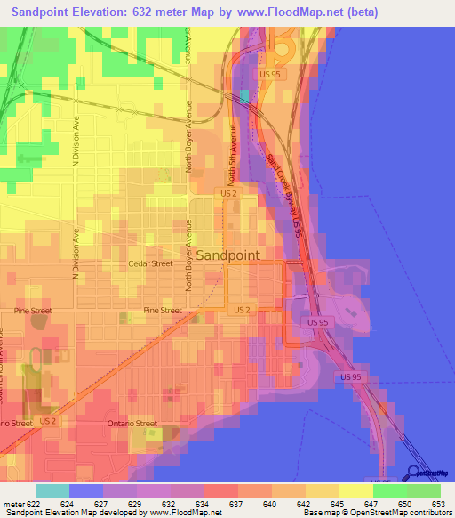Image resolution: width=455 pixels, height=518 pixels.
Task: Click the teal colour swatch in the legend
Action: pos(52,490)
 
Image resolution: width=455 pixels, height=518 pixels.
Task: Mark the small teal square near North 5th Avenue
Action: pos(244,95)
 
